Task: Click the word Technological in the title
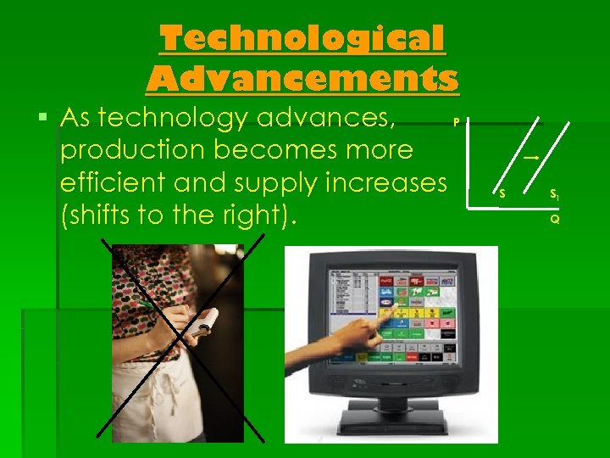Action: pos(302,39)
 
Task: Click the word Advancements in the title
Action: pos(302,79)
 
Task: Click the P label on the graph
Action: pos(456,121)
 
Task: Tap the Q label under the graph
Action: pos(554,219)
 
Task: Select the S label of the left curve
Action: pos(502,195)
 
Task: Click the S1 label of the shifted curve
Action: pos(553,195)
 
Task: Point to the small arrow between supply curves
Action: pos(532,158)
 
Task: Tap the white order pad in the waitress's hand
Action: pos(202,321)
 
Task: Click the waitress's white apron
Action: pos(169,399)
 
